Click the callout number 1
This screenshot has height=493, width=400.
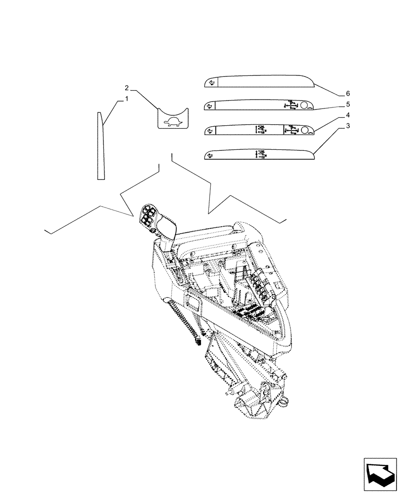126,99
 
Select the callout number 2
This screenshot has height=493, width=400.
127,88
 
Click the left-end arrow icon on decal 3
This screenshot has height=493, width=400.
210,156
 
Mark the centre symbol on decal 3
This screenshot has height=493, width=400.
260,154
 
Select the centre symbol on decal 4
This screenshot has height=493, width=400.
260,130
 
